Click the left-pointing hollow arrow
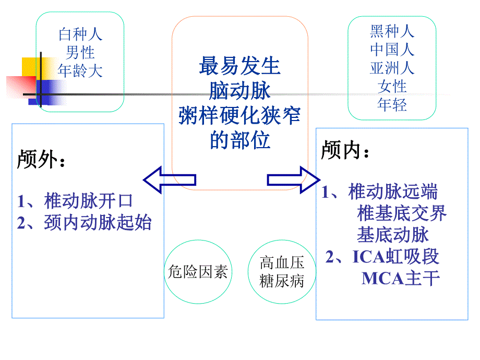pos(170,180)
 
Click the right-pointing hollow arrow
pos(293,180)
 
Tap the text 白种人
pos(80,35)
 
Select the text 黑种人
pos(392,31)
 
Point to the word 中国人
pos(392,50)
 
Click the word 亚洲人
pos(392,68)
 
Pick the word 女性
pos(392,86)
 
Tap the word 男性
pos(80,53)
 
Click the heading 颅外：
pos(42,159)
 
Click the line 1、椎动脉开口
pos(75,200)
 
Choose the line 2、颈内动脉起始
pos(84,223)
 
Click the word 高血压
pos(282,263)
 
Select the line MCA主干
pos(401,278)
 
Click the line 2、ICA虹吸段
pos(382,257)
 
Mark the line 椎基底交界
pos(402,213)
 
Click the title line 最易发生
pos(239,67)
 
